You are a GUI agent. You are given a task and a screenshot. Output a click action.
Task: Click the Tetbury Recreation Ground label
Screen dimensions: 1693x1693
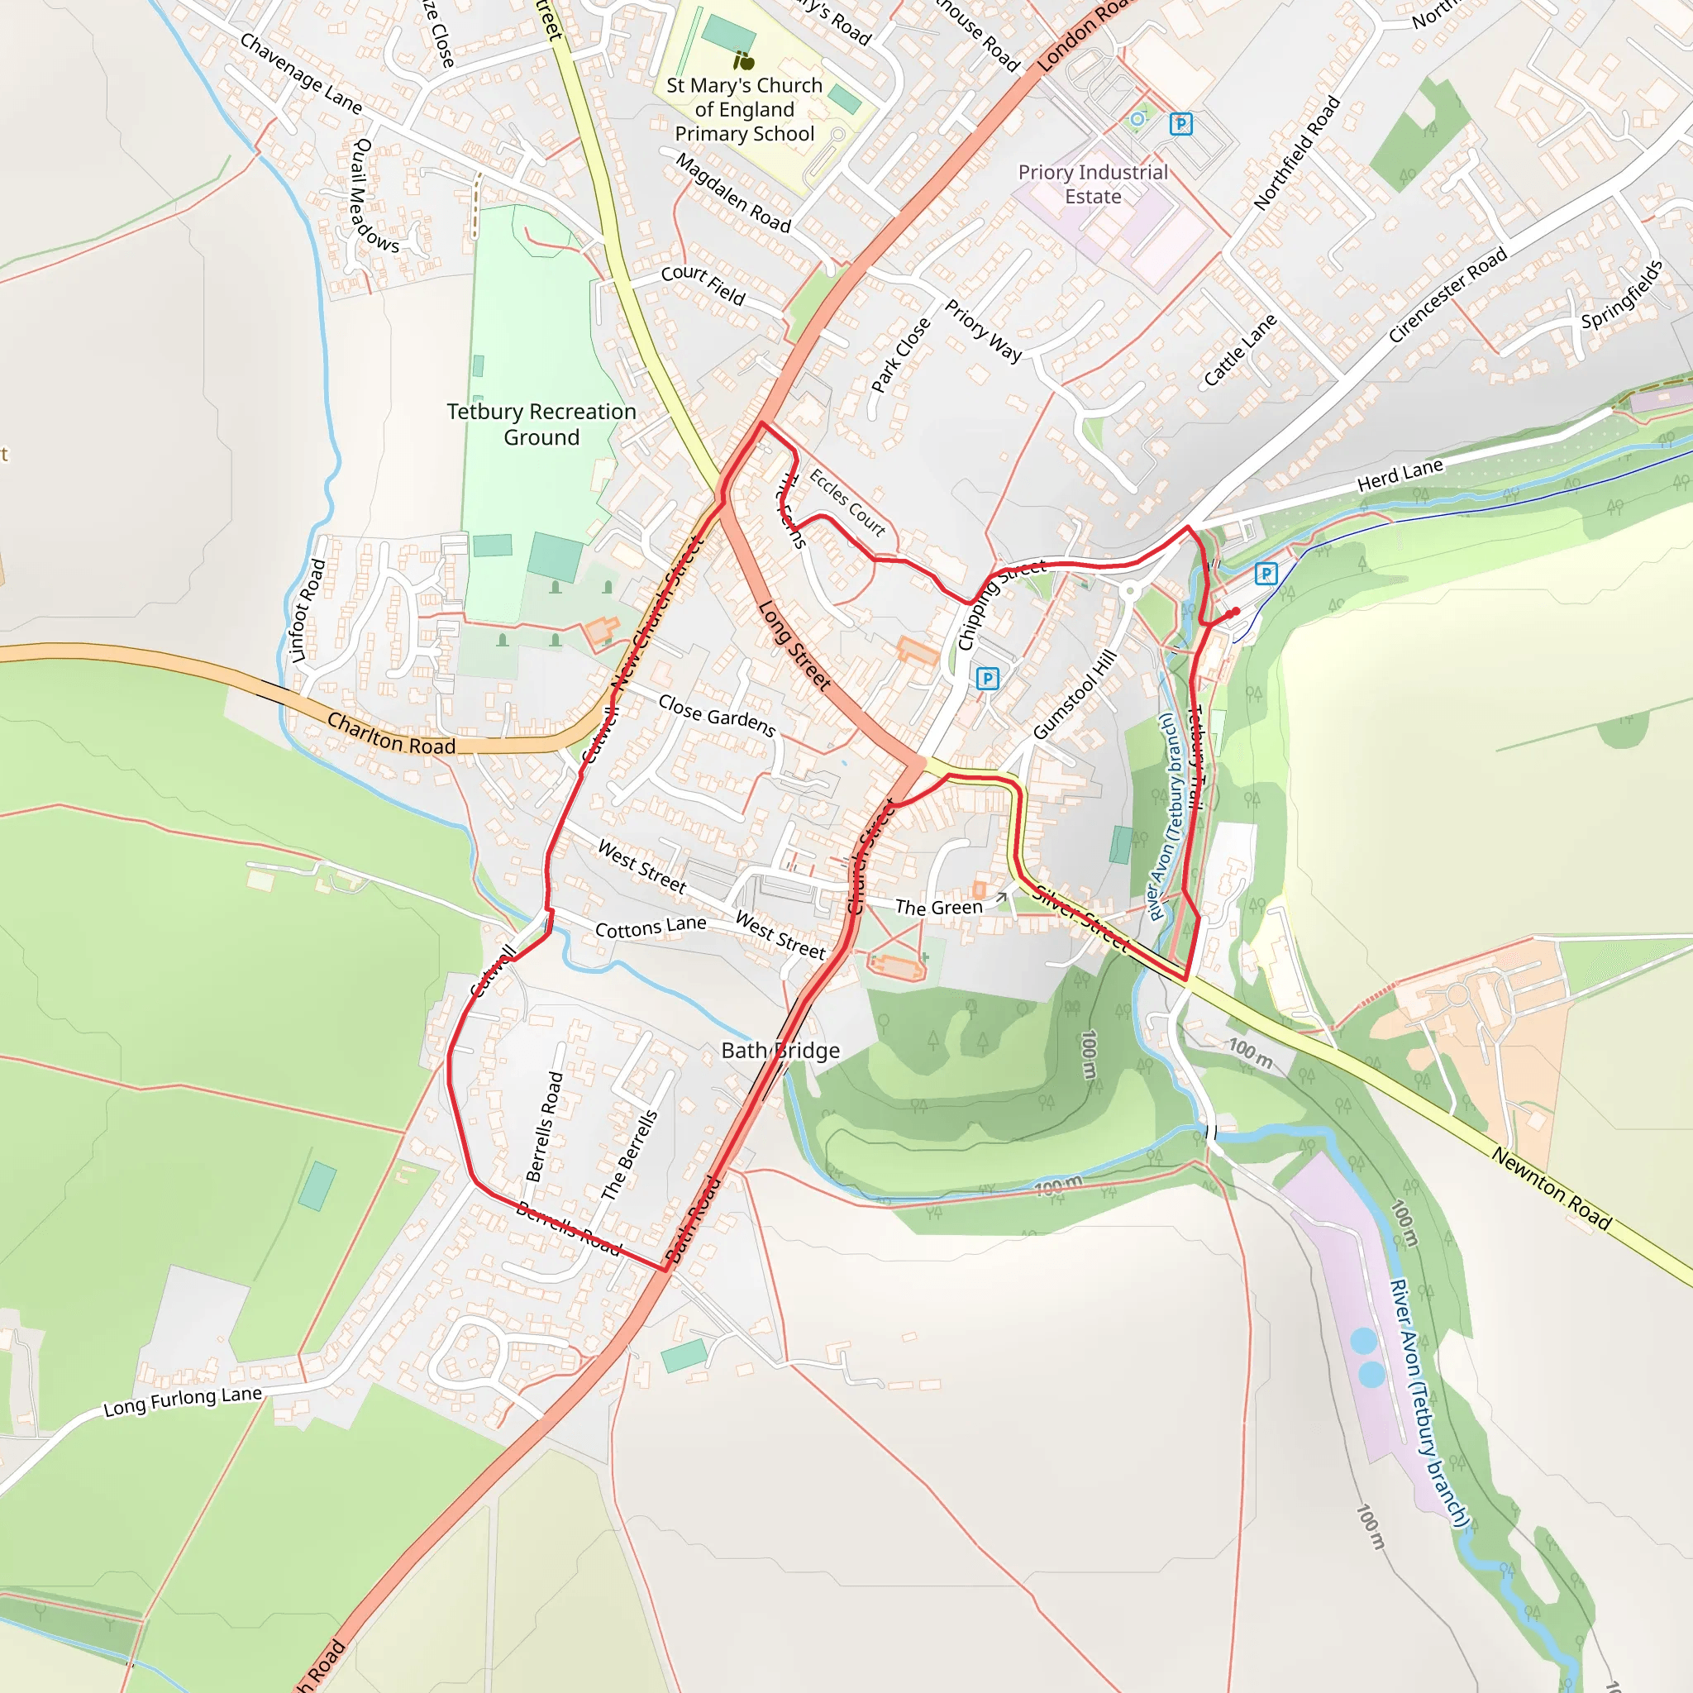point(541,424)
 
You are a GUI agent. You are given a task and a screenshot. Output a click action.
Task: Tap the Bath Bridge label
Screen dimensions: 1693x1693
point(780,1050)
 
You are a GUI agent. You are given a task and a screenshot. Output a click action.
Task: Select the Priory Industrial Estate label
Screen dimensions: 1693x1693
point(1093,184)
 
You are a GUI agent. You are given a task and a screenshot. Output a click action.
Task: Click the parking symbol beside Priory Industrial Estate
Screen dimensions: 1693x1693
point(1180,125)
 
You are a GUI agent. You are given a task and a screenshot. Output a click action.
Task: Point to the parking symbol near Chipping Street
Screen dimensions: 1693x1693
point(988,678)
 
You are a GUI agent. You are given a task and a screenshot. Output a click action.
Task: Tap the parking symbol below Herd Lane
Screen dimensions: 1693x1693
point(1266,574)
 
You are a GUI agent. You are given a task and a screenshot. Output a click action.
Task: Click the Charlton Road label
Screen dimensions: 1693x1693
point(391,733)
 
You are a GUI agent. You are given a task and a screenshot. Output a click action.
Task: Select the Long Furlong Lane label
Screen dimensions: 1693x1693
point(182,1401)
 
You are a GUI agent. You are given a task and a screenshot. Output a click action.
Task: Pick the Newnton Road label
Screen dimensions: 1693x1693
point(1551,1188)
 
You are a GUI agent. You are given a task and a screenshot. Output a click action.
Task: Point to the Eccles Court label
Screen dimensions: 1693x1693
point(846,502)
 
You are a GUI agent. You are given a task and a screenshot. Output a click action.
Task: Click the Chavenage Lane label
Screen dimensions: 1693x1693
point(301,74)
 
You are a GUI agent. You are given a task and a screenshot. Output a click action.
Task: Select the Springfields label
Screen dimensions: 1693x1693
point(1621,294)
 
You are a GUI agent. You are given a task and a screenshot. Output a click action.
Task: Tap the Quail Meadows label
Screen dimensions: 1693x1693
point(374,195)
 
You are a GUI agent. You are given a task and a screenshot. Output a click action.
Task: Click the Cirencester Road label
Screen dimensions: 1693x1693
point(1447,294)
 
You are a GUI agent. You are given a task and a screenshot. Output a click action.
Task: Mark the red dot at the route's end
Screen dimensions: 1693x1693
point(1236,612)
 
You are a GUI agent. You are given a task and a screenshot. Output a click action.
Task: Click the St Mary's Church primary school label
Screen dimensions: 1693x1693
point(744,110)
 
